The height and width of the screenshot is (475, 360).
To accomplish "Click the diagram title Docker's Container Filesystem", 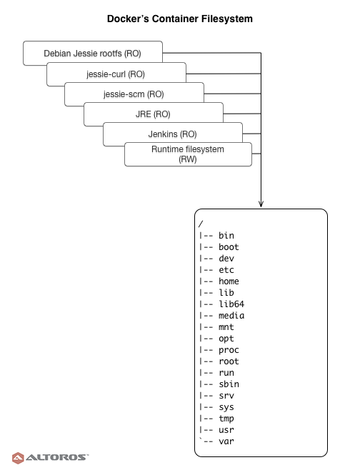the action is tap(180, 19).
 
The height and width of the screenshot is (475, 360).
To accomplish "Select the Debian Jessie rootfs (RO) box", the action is tap(93, 53).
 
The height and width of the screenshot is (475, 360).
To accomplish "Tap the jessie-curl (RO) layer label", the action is tap(116, 74).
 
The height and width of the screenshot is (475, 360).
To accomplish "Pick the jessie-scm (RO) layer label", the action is tap(134, 94).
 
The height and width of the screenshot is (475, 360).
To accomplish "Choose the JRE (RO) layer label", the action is tap(153, 114).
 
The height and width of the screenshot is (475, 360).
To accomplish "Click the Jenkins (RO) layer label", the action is tap(172, 134).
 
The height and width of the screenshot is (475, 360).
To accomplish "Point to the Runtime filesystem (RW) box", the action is tap(188, 154).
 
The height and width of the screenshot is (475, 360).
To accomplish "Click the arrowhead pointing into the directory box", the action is tap(261, 204).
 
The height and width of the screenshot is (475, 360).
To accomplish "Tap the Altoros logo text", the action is tap(57, 457).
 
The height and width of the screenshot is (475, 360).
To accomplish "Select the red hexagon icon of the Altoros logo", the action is tap(18, 458).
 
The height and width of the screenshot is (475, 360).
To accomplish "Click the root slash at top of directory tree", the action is tap(201, 224).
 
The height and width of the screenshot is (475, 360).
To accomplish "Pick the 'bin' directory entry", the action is tap(226, 236).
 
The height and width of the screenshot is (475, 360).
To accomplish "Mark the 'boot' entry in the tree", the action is tap(229, 247).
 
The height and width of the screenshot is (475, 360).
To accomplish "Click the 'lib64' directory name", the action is tap(231, 304).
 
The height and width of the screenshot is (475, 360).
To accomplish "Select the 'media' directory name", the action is tap(231, 316).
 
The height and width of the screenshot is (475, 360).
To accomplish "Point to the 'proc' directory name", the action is tap(229, 350).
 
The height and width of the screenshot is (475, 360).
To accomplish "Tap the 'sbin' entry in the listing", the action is tap(229, 384).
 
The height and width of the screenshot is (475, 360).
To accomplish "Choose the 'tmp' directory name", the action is tap(226, 419).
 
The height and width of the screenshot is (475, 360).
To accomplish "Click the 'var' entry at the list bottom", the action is tap(226, 441).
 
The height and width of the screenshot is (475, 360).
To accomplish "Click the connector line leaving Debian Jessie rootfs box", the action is tap(212, 53).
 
